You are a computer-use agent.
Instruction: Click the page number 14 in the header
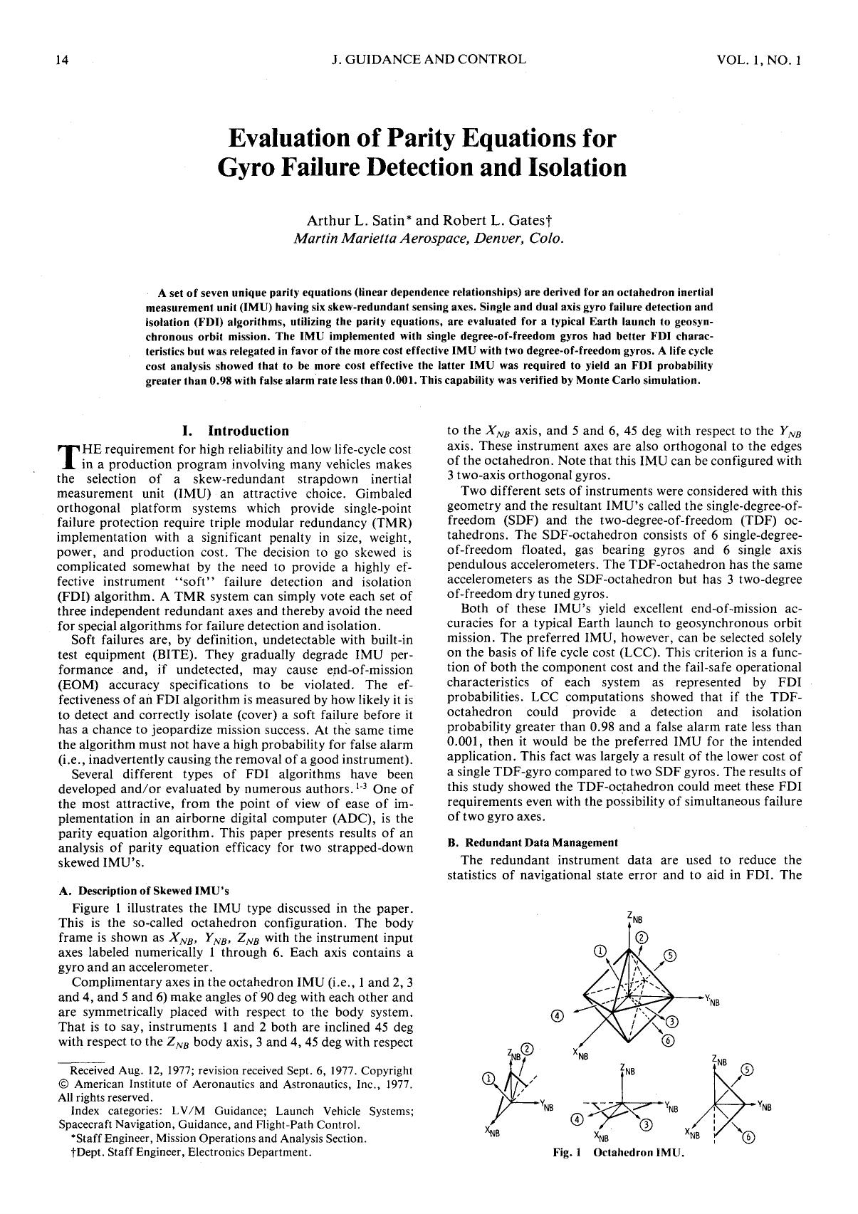[x=62, y=60]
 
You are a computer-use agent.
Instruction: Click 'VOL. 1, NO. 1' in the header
[x=759, y=60]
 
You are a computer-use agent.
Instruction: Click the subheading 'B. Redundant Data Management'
[x=533, y=842]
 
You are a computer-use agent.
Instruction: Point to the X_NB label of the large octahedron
[x=580, y=1054]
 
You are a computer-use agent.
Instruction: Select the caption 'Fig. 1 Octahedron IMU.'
[x=618, y=1152]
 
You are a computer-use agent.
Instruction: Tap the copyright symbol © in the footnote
[x=62, y=1084]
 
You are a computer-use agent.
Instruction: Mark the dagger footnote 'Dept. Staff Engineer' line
[x=187, y=1152]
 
